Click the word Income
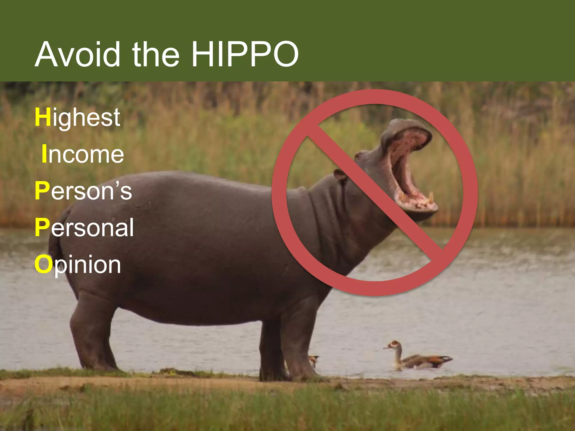point(83,154)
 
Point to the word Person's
point(83,191)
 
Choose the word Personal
point(84,228)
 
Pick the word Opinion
point(78,265)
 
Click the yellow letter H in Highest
point(43,117)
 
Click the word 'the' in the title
point(156,54)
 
